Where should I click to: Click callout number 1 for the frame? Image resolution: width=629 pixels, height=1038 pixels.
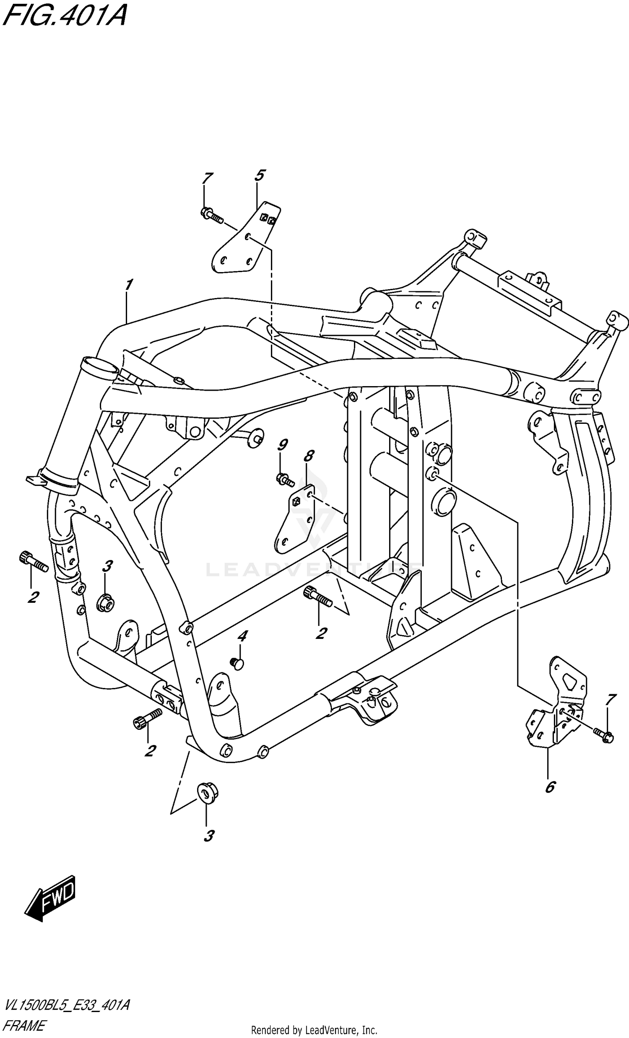point(129,285)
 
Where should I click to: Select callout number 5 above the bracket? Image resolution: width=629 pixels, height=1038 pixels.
point(260,175)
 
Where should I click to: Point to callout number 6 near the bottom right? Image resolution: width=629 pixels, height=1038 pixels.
point(550,786)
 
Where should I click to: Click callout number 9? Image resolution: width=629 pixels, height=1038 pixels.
point(283,445)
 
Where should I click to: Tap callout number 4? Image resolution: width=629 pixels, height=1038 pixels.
point(242,637)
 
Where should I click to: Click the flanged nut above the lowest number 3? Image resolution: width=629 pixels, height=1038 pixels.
point(207,794)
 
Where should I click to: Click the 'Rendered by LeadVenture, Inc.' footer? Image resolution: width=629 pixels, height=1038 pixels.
point(314,1030)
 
